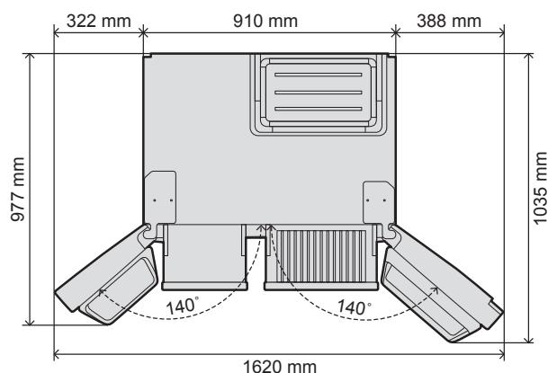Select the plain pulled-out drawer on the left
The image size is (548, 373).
(202, 256)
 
